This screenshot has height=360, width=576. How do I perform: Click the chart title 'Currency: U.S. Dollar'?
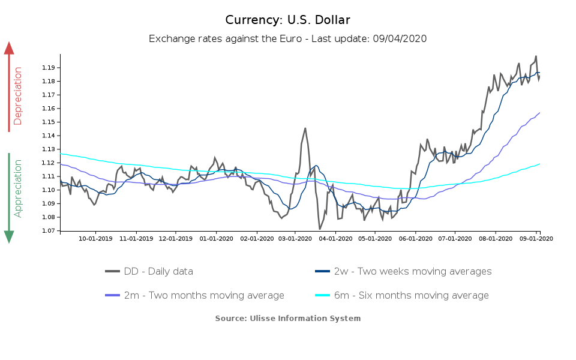pos(287,20)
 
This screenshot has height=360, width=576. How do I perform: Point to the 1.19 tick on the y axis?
pos(49,68)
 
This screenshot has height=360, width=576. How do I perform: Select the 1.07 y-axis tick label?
pos(49,231)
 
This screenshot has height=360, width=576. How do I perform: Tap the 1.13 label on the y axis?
pos(49,149)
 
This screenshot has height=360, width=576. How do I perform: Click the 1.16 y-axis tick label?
pos(49,109)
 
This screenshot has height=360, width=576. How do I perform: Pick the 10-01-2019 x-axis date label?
pos(96,238)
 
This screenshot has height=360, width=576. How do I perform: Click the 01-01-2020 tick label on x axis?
pos(216,238)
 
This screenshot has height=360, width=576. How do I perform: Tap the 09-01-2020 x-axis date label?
pos(536,238)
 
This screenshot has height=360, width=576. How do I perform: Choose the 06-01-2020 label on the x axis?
pos(415,238)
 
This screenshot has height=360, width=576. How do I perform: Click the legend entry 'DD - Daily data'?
pos(149,271)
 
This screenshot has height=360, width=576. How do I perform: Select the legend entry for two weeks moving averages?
pos(403,271)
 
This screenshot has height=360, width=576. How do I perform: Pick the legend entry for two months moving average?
pos(194,295)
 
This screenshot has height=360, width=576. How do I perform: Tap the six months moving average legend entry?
pos(402,295)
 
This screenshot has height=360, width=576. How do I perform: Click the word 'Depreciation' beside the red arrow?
pos(18,96)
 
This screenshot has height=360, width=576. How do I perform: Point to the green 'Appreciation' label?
pos(18,188)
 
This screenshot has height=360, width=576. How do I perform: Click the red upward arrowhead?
pos(9,48)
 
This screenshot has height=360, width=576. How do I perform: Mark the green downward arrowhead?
pos(9,237)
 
